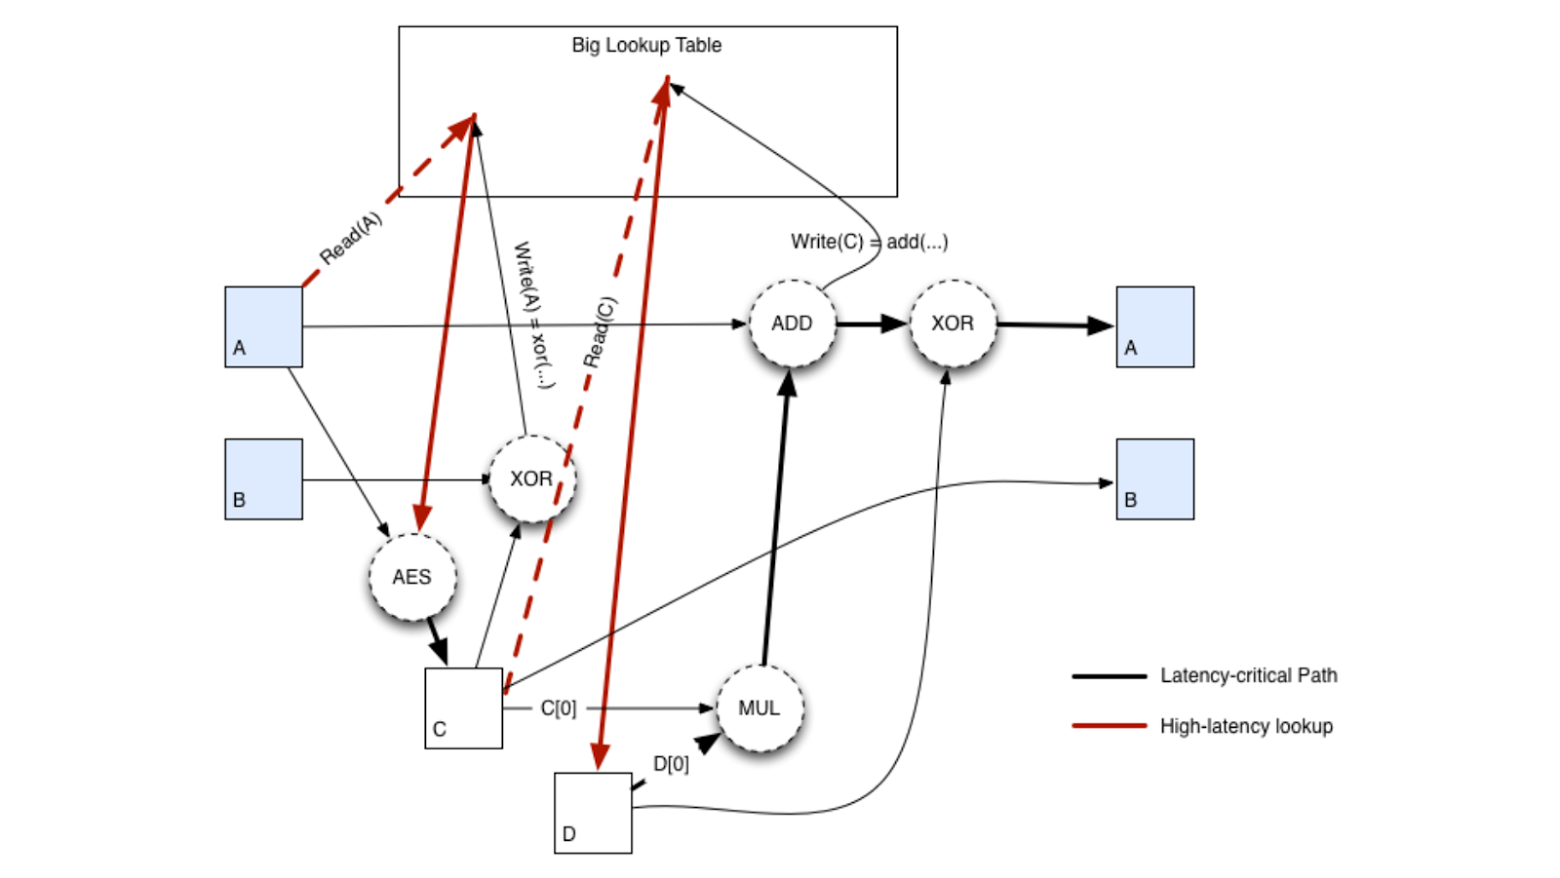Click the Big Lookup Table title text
646,45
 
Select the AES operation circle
412,577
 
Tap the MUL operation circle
760,708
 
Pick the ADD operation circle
792,324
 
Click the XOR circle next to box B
531,478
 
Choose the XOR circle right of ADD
953,324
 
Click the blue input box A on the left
263,326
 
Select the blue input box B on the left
263,478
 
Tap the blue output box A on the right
1154,326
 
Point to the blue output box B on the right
1154,478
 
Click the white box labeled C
463,708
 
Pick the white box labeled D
593,813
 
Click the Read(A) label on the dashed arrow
351,239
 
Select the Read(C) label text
600,332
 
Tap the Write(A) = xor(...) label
534,315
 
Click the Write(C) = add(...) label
869,242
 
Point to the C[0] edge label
559,708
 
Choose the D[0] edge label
671,764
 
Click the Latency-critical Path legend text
1248,675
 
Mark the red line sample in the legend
1109,726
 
